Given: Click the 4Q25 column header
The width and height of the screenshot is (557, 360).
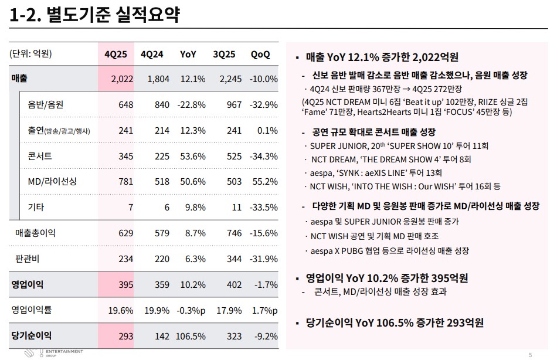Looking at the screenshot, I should (116, 54).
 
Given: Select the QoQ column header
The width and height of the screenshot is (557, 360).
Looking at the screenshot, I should (260, 54).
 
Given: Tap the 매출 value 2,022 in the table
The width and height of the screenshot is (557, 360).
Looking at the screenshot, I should (122, 79).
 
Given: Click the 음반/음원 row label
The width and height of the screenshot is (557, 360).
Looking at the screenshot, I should (45, 105).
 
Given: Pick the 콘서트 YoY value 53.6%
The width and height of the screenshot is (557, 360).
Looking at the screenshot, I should (193, 156).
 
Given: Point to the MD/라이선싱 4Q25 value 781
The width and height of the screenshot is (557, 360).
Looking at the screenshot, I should (126, 182).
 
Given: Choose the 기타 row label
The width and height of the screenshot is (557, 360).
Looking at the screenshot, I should (36, 207).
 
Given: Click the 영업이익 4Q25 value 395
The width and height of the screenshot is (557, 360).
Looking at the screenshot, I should (126, 284).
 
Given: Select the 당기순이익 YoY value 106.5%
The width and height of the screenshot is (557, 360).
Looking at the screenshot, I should (190, 336).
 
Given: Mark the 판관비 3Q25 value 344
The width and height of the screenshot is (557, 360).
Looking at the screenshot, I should (234, 259).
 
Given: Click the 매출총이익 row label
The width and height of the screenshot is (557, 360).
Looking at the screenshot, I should (35, 233).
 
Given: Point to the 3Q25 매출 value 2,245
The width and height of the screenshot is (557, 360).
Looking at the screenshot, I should (230, 79).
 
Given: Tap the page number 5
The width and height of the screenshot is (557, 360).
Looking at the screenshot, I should (530, 354).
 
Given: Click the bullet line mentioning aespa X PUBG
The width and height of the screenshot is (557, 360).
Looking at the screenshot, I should (389, 251).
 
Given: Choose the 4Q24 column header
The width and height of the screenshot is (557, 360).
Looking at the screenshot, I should (152, 54).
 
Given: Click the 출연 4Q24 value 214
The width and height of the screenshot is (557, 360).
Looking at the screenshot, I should (161, 130).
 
